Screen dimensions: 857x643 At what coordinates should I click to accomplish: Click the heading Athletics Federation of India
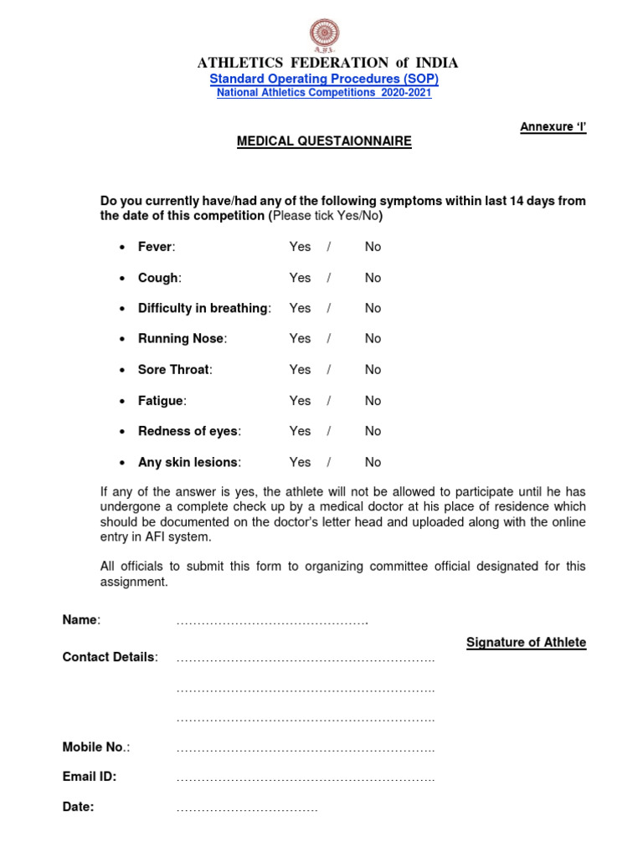327,63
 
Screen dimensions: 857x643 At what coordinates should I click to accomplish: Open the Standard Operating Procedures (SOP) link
324,79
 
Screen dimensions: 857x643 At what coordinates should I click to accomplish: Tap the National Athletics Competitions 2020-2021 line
324,93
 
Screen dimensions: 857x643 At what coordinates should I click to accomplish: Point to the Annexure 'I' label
553,126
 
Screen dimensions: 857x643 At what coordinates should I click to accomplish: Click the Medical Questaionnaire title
324,141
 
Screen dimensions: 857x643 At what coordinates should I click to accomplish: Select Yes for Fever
300,247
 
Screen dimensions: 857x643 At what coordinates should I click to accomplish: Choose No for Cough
373,278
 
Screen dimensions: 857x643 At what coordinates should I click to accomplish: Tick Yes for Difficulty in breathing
300,308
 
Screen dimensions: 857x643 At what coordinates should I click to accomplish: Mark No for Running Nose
373,339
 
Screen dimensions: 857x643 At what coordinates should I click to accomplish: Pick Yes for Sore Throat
300,370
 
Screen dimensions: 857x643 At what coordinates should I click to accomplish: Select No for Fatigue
373,401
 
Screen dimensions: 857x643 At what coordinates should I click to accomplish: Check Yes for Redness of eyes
300,431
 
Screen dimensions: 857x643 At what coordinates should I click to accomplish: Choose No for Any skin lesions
373,462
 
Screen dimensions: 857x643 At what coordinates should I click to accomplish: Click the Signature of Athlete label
526,643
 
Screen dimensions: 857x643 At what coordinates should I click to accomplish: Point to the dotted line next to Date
247,810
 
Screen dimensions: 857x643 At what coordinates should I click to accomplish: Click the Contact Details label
110,657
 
